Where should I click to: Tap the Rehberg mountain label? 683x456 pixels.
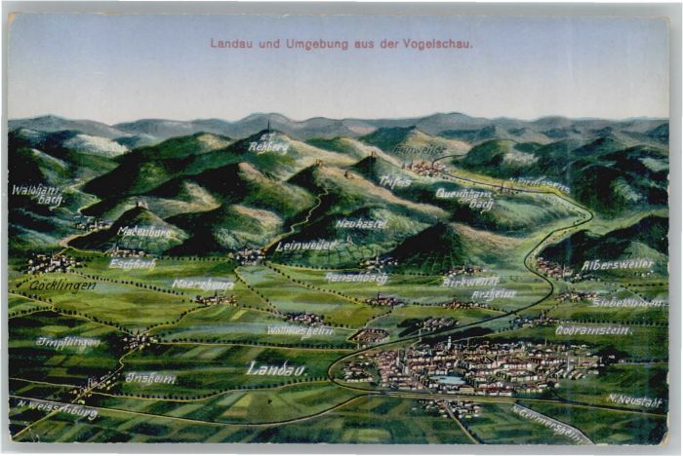pos(268,143)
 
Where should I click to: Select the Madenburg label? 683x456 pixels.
pos(144,231)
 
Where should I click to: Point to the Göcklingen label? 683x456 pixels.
pos(62,285)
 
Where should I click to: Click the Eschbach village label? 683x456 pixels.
pos(132,263)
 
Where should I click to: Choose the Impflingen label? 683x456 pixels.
pos(68,342)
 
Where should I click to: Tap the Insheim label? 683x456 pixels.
pos(150,377)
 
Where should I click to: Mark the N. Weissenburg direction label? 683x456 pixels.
pos(58,409)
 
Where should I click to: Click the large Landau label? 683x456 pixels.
pos(276,368)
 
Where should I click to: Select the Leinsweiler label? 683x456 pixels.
pos(305,246)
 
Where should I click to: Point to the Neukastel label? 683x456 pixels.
pos(362,223)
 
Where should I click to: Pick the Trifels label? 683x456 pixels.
pos(395,180)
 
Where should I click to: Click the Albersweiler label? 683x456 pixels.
pos(618,264)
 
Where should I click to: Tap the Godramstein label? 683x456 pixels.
pos(593,330)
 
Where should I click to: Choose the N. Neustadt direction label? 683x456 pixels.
pos(634,399)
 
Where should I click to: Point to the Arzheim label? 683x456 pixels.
pos(494,293)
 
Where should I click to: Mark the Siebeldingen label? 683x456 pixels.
pos(627,302)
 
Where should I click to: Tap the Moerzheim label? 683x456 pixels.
pos(203,285)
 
